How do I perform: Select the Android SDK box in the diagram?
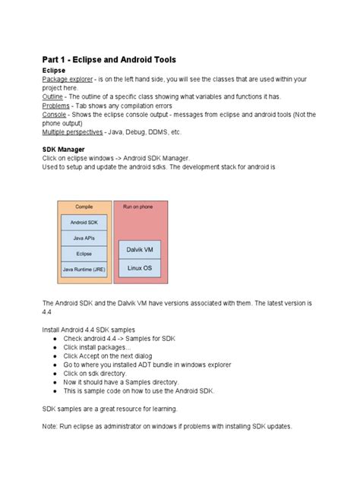84,223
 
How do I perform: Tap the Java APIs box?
84,238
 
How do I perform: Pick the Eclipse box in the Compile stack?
84,254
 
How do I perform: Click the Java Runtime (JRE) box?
84,269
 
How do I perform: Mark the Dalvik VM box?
140,250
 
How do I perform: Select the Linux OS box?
140,268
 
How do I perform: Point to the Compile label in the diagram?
84,207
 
